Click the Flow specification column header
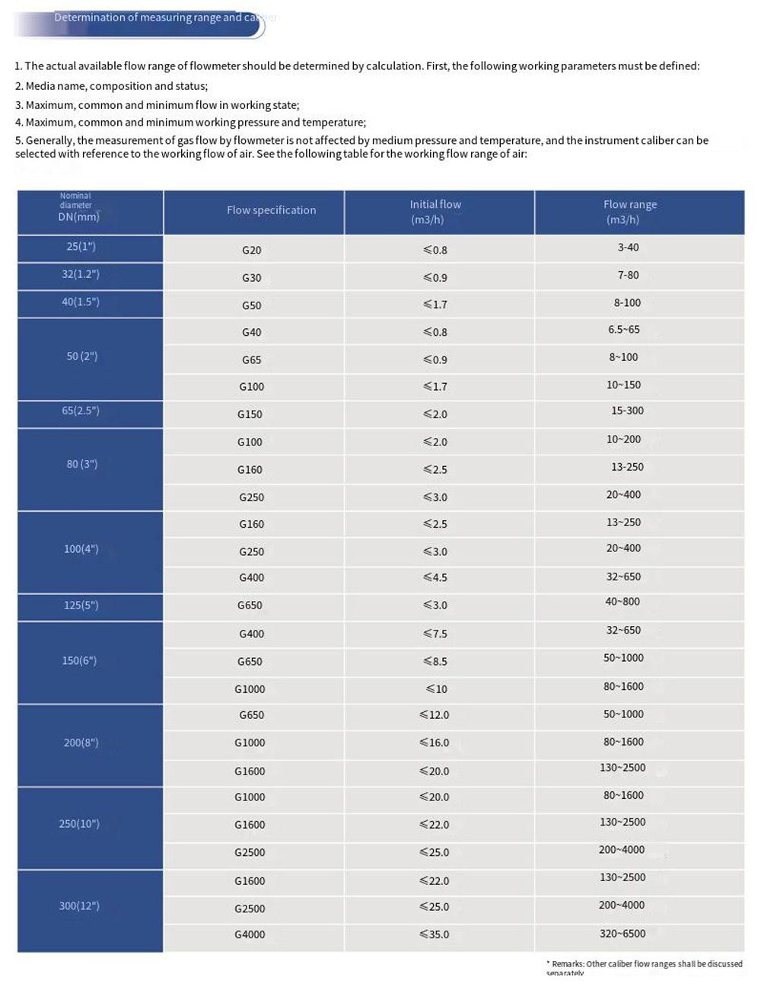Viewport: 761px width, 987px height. click(271, 210)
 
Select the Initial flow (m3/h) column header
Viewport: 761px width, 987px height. click(435, 212)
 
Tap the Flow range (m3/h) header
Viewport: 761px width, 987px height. click(629, 212)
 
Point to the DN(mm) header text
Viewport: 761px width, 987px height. click(79, 217)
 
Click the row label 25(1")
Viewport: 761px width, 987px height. click(81, 247)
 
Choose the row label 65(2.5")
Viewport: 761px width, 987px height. click(81, 411)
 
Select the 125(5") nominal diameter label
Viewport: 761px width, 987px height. click(81, 605)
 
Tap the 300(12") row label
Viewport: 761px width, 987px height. click(79, 906)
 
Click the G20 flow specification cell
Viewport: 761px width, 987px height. click(251, 250)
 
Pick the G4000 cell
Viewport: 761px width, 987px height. click(250, 934)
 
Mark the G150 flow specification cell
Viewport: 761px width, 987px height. click(250, 414)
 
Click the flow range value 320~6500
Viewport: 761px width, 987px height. click(622, 933)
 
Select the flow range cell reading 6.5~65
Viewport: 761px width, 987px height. click(624, 330)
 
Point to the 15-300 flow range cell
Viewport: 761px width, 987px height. click(627, 410)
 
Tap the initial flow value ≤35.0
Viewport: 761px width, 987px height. click(435, 934)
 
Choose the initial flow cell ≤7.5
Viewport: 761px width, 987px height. click(435, 634)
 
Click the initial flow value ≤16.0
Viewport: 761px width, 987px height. click(435, 743)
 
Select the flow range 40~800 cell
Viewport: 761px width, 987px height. click(622, 602)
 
